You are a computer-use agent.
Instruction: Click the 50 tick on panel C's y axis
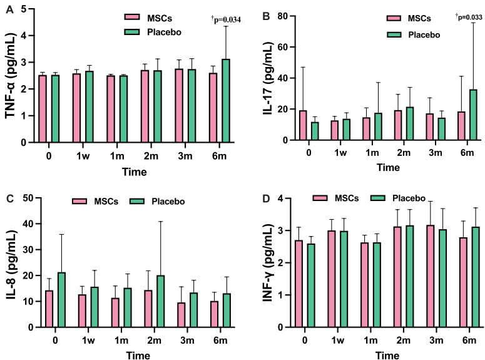[x=28, y=198]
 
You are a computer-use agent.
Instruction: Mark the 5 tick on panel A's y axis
[x=23, y=9]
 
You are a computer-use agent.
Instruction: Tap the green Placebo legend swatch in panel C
[x=138, y=202]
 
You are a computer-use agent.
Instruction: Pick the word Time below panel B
[x=388, y=167]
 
